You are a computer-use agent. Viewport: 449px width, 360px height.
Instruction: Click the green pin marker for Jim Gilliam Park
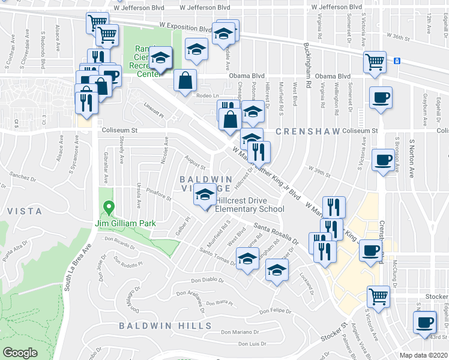pos(109,209)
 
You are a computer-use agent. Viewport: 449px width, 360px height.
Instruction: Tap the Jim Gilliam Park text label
pos(125,223)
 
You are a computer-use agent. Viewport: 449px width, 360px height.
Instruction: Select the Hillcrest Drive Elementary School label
pos(249,205)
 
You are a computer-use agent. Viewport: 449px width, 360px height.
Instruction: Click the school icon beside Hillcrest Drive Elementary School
pos(205,196)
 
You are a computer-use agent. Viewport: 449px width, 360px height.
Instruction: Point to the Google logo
pos(20,353)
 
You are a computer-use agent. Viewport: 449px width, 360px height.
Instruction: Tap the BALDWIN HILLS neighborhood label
pos(165,325)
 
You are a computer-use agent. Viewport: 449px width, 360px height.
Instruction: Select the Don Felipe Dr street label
pos(275,311)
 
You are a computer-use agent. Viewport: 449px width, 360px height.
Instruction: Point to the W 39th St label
pos(319,172)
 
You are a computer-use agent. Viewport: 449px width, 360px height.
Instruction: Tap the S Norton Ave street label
pos(412,160)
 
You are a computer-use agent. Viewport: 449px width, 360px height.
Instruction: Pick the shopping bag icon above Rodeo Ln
pos(185,80)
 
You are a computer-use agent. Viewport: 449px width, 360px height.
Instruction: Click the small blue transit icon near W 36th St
pos(397,60)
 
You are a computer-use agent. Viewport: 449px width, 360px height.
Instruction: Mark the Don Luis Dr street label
pos(252,344)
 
